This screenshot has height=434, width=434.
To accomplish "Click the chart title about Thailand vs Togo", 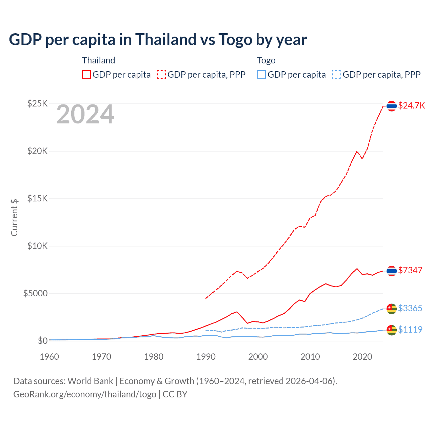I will coord(158,40).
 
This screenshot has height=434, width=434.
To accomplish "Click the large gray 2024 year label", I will coord(85,114).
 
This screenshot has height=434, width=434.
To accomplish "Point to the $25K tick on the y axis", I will coord(37,103).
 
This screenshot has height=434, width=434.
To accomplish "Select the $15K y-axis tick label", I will coord(37,198).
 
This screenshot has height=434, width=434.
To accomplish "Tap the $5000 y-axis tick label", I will coord(35,293).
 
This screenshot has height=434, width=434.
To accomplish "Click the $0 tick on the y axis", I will coord(42,341).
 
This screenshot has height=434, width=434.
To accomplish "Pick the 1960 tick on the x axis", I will coord(49,357).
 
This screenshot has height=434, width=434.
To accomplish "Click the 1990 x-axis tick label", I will coord(206,357).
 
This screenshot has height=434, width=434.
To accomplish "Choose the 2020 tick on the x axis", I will coord(362,357).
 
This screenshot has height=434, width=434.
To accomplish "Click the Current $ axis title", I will coord(14,217).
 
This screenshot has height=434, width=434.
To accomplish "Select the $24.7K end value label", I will coord(411,105).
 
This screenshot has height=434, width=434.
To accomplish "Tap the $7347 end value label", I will coord(410,270).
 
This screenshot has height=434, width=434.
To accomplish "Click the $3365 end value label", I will coord(410,308).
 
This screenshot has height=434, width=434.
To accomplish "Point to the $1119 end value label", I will coord(410,330).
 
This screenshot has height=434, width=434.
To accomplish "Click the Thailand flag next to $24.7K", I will coord(392,106).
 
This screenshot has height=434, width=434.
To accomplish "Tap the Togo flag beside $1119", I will coord(392,330).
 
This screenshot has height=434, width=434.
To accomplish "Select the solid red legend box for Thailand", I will coord(86,75).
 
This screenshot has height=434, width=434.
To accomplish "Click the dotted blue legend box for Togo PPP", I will coord(337,75).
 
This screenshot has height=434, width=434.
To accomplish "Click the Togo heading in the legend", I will coord(266,60).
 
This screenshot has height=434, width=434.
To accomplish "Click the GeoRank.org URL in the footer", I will coord(85,394).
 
